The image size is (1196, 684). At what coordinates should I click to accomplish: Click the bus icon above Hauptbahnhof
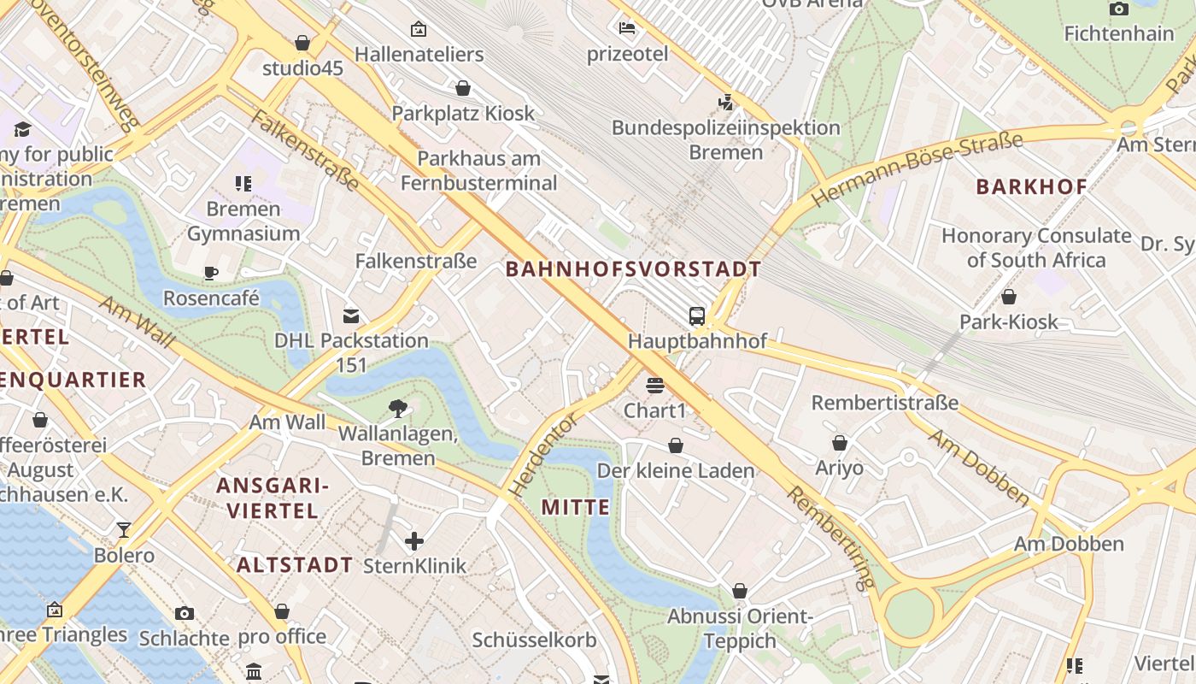[x=697, y=316]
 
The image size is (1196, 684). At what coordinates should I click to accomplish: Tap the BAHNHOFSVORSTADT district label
[x=633, y=269]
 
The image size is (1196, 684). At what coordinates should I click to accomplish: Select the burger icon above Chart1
[x=655, y=386]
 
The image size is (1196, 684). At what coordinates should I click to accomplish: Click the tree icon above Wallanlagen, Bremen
[x=397, y=409]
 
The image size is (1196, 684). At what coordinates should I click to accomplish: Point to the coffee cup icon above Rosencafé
[x=210, y=273]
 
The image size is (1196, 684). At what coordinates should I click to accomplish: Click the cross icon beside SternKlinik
[x=414, y=540]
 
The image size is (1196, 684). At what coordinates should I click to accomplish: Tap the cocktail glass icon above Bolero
[x=124, y=530]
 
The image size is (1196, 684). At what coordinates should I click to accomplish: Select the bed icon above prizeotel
[x=627, y=28]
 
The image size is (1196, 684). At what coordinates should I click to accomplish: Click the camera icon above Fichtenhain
[x=1118, y=9]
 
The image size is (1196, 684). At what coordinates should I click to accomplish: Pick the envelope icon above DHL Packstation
[x=351, y=316]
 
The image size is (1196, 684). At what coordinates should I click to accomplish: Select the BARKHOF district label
[x=1031, y=186]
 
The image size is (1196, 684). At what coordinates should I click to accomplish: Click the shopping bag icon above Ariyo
[x=839, y=443]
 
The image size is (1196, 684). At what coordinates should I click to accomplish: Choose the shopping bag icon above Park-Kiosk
[x=1008, y=297]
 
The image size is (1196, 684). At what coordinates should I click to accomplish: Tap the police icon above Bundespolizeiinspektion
[x=725, y=103]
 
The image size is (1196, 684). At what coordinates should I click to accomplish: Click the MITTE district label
[x=576, y=507]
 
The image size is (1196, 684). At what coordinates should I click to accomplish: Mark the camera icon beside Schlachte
[x=185, y=613]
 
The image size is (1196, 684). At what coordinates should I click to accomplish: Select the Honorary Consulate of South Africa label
[x=1035, y=247]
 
